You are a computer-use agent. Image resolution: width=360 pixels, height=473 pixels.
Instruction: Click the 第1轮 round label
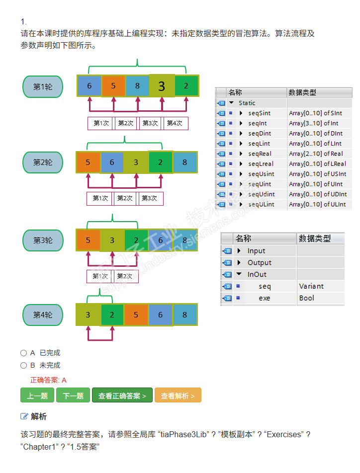(x=43, y=86)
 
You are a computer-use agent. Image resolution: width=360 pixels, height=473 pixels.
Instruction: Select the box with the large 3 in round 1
(x=162, y=86)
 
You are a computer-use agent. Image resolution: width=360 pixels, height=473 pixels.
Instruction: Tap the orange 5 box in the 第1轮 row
(x=113, y=86)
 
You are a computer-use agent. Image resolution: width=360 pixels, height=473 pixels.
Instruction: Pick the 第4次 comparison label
(x=174, y=123)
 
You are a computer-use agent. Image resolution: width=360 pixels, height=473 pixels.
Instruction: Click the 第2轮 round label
(x=43, y=162)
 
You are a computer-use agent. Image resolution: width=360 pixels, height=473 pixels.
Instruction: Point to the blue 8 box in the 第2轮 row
(x=185, y=162)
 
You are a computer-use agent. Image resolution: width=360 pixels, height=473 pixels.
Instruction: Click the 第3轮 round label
(x=43, y=240)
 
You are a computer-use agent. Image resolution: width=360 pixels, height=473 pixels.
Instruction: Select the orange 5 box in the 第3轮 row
(x=88, y=240)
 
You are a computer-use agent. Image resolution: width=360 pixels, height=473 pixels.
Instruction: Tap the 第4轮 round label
(x=43, y=315)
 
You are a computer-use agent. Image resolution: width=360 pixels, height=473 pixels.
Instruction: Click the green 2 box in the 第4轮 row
(x=113, y=315)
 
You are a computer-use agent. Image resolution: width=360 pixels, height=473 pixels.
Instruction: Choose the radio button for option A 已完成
(x=24, y=353)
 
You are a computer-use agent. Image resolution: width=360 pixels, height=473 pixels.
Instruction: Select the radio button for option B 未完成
(x=24, y=366)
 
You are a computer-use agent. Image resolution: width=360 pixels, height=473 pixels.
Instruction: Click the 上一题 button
(x=37, y=395)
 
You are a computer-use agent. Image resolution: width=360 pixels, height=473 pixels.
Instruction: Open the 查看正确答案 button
(x=122, y=395)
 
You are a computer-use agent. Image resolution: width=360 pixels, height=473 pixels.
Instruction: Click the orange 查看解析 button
(x=178, y=395)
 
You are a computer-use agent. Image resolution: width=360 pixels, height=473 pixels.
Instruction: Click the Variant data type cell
(x=311, y=286)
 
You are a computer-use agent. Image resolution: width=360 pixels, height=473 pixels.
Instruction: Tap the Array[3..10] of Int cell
(x=313, y=123)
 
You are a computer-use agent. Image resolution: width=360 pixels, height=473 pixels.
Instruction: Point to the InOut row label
(x=257, y=274)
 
